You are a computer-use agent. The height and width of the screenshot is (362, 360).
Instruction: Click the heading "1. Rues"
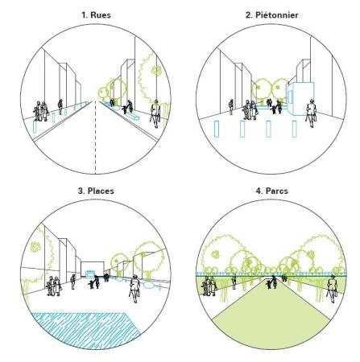click(x=96, y=14)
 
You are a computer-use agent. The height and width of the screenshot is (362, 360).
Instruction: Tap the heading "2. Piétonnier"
click(x=271, y=14)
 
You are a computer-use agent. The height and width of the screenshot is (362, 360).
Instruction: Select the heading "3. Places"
click(x=96, y=191)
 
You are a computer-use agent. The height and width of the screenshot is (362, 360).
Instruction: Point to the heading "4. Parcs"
click(x=271, y=191)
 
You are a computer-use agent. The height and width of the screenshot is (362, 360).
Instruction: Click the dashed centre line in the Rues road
click(x=95, y=138)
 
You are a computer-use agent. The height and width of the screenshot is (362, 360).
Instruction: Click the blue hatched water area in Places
click(x=86, y=330)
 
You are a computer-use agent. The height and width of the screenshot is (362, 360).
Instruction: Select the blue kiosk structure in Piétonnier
click(x=300, y=99)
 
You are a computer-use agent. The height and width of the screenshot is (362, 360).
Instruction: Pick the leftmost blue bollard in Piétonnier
click(x=217, y=129)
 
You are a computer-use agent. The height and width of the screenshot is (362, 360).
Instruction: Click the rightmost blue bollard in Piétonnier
click(x=294, y=129)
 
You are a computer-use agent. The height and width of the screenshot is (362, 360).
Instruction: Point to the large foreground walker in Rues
click(x=155, y=113)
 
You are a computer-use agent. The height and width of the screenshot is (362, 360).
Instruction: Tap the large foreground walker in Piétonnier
click(x=311, y=113)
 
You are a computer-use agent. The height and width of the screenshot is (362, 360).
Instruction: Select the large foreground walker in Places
click(x=134, y=289)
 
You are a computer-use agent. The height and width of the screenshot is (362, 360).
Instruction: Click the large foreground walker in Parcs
click(x=332, y=289)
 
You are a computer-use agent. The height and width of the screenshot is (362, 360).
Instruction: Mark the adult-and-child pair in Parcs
click(x=271, y=282)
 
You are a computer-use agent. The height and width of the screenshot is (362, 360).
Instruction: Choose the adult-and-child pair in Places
click(x=94, y=282)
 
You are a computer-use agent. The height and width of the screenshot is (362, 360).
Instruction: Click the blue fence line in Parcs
click(x=271, y=274)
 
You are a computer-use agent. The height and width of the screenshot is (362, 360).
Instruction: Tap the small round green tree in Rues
click(x=103, y=93)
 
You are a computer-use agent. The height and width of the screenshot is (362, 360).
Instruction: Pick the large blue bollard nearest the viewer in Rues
click(x=35, y=127)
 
